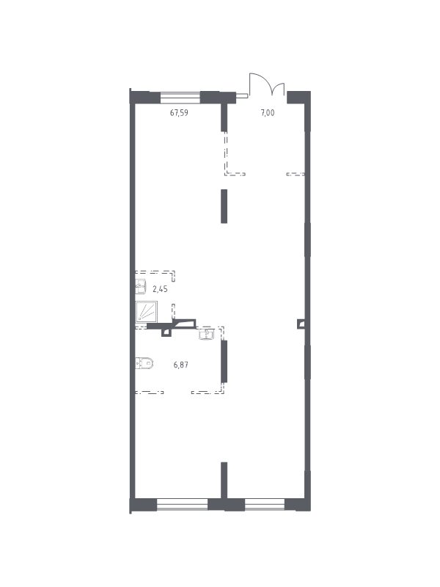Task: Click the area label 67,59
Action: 179,112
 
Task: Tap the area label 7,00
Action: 268,112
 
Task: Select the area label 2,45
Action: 160,289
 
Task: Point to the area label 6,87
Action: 180,364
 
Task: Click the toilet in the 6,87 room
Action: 144,362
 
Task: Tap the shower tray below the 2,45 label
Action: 146,311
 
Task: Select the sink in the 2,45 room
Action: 140,287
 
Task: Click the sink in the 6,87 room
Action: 207,334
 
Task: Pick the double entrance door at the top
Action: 267,84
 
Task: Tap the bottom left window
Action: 182,504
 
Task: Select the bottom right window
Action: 265,504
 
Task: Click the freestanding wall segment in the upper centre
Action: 224,206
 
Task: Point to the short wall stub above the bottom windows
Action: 224,481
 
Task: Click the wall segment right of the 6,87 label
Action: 224,361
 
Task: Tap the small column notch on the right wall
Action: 301,324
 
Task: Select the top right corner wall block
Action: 298,98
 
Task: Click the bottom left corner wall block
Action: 143,505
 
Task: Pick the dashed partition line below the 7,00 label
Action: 235,174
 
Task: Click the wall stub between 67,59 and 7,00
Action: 224,117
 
